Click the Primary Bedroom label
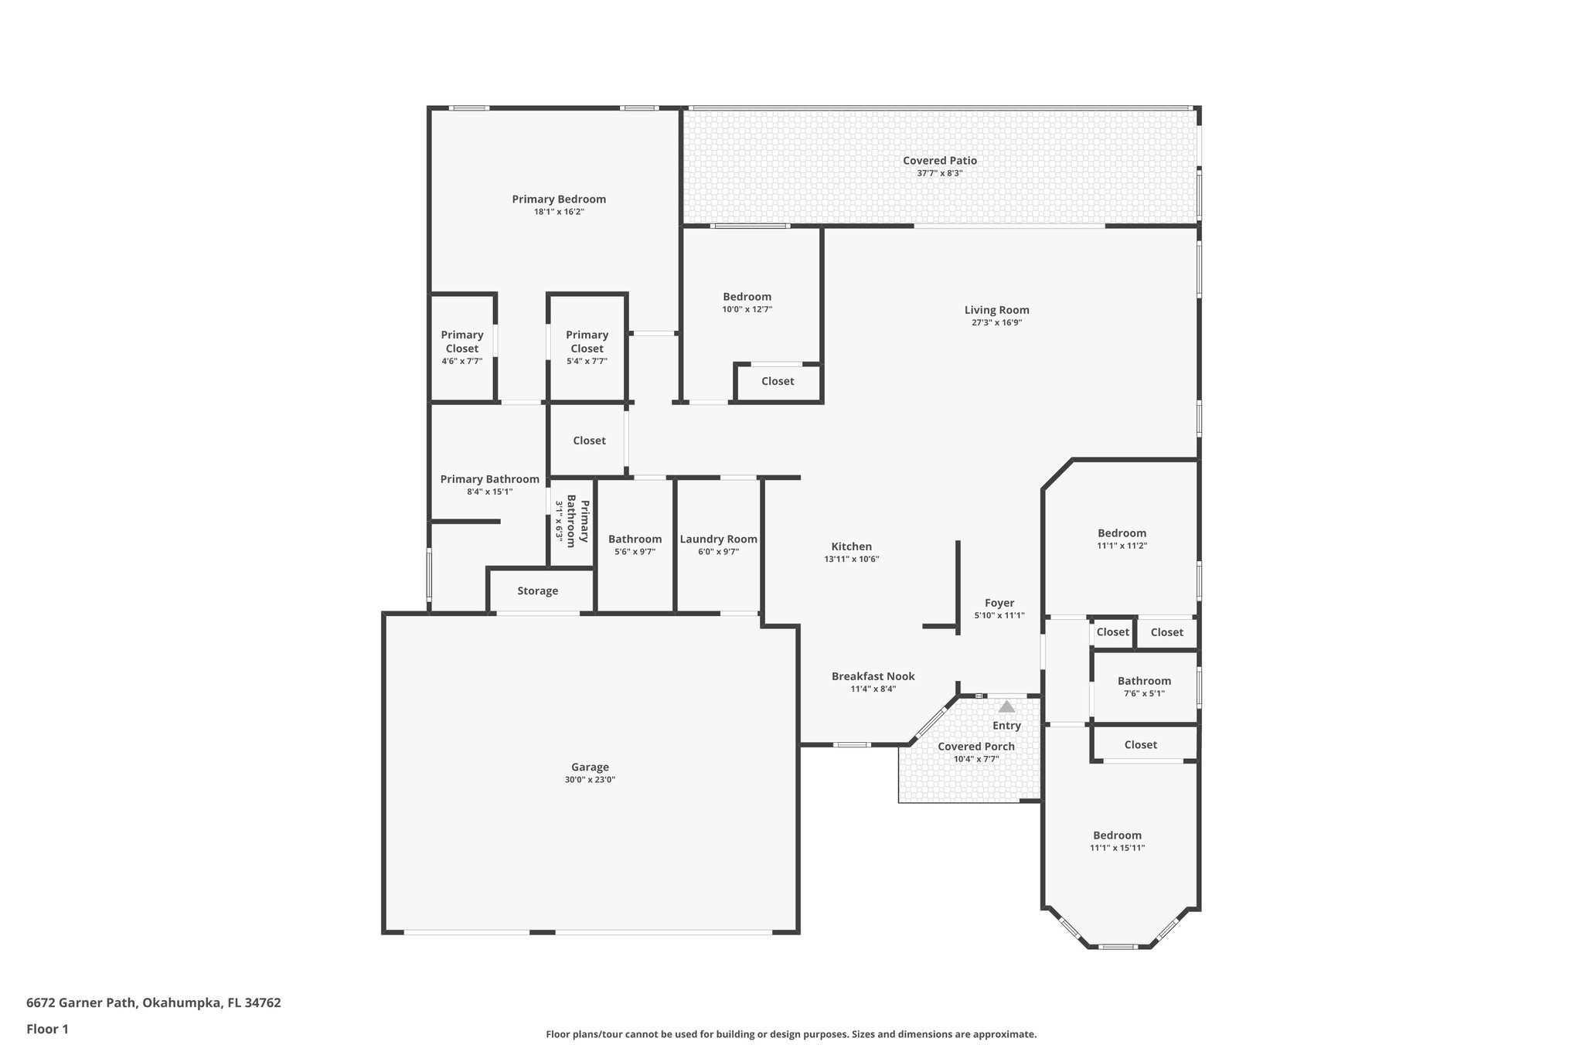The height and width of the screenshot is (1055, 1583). pos(558,199)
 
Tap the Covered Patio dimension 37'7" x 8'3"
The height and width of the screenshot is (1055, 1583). pos(939,173)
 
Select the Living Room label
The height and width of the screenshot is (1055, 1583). pos(996,310)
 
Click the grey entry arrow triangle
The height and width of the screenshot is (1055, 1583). pos(1006,706)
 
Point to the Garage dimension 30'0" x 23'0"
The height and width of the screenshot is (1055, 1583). pos(589,780)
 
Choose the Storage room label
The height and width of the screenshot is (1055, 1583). pos(537,590)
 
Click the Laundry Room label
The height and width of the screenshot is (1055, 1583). pos(718,539)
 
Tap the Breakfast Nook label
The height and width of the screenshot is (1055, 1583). pos(873,676)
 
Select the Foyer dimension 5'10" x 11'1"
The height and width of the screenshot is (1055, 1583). pos(999,616)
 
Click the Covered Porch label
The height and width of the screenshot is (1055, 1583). pos(975,747)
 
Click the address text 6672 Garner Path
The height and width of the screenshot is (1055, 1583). pos(153,1003)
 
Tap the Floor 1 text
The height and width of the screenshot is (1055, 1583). pos(47,1029)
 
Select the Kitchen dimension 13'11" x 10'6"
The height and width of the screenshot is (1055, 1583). pos(851,559)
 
